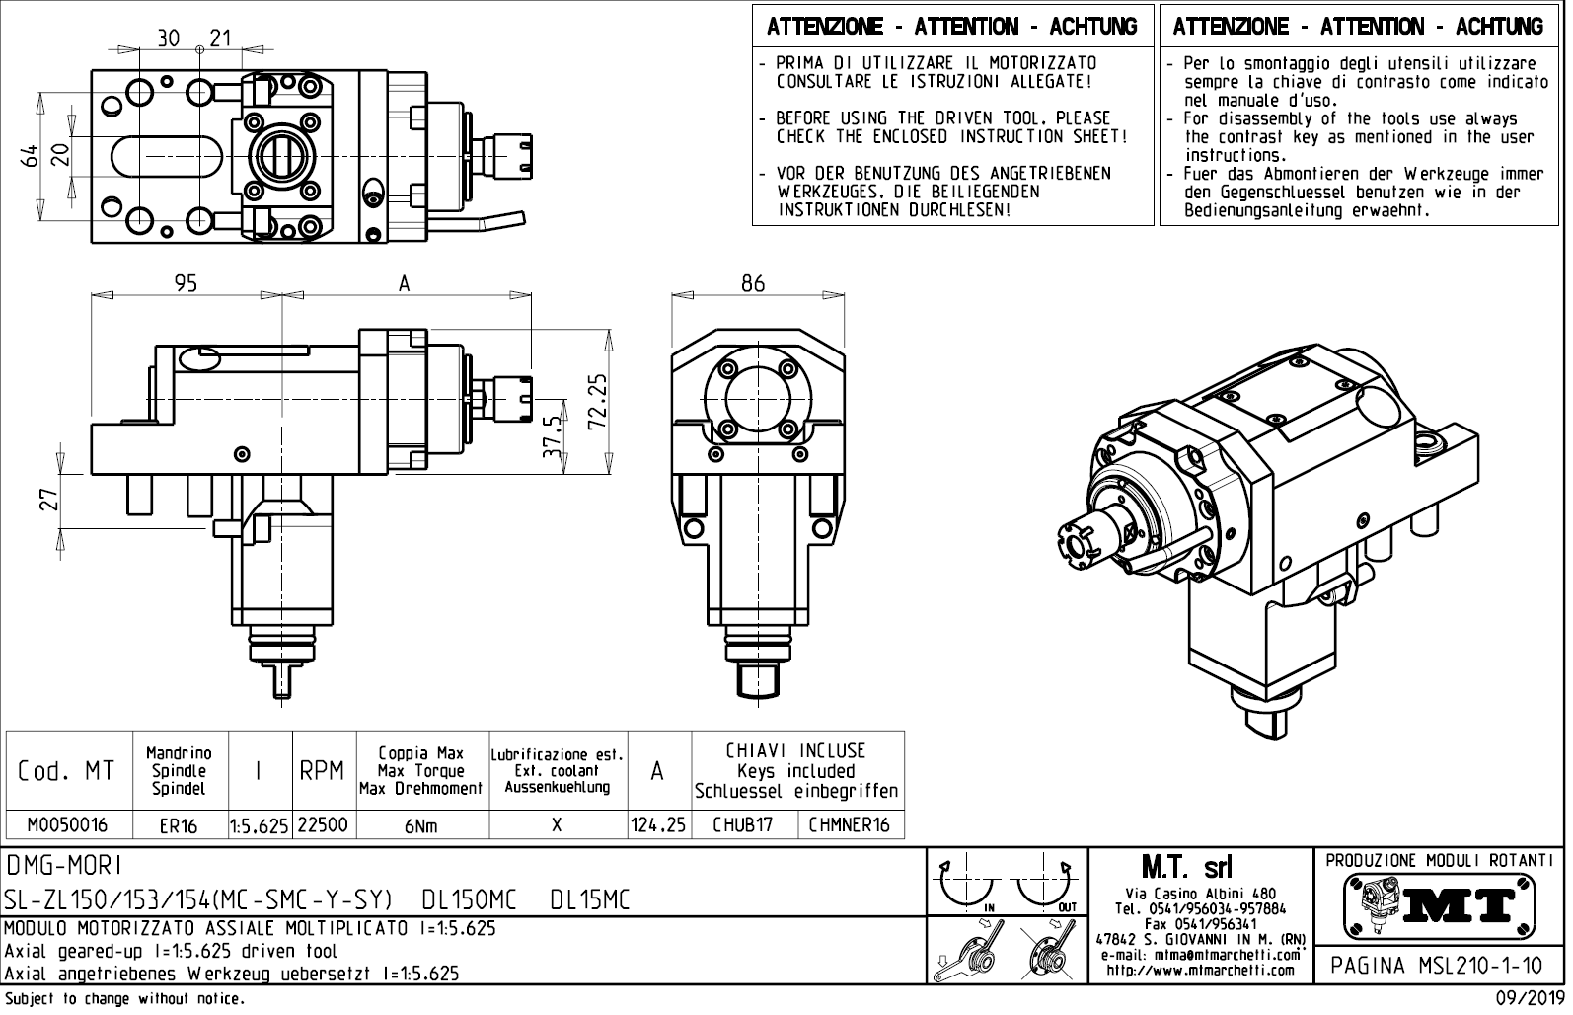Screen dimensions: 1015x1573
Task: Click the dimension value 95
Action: pyautogui.click(x=186, y=283)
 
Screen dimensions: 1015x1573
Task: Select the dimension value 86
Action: pyautogui.click(x=753, y=283)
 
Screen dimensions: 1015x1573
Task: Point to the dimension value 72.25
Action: pyautogui.click(x=595, y=401)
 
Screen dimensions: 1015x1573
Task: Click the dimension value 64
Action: pyautogui.click(x=31, y=155)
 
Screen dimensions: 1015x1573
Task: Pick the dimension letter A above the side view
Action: pyautogui.click(x=404, y=283)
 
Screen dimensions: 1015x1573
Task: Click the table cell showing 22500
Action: pyautogui.click(x=323, y=825)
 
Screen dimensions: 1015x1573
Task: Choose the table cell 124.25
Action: pyautogui.click(x=658, y=825)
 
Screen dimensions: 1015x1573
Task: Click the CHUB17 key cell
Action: pyautogui.click(x=743, y=825)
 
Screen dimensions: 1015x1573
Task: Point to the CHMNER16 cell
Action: pyautogui.click(x=849, y=825)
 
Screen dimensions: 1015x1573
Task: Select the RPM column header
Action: pyautogui.click(x=322, y=771)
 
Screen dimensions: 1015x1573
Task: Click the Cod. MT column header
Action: pyautogui.click(x=66, y=771)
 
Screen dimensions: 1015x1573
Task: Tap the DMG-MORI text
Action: pyautogui.click(x=64, y=866)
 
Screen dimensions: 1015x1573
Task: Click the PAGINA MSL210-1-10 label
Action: pyautogui.click(x=1438, y=964)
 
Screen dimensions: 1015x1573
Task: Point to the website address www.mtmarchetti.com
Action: pyautogui.click(x=1200, y=970)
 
